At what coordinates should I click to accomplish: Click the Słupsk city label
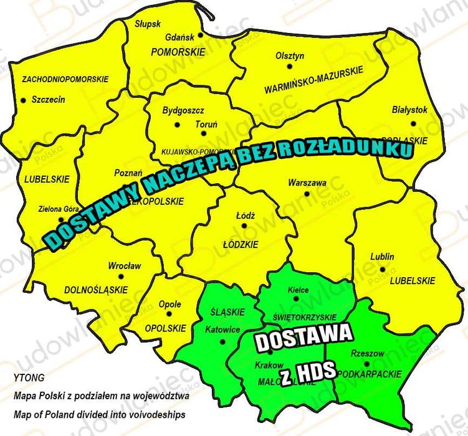pos(148,24)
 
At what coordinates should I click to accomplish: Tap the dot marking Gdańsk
pos(200,36)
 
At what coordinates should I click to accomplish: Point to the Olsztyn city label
pos(290,55)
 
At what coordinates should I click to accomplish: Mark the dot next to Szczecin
pos(24,100)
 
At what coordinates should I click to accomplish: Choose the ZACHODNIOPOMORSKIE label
pos(65,79)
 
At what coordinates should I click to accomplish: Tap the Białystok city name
pos(410,110)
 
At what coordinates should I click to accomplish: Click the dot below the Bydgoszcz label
pos(177,125)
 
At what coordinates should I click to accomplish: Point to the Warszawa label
pos(307,183)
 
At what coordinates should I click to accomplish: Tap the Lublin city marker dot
pos(382,269)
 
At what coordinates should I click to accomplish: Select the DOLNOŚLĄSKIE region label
pos(96,290)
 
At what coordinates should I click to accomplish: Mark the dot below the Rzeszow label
pos(367,364)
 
